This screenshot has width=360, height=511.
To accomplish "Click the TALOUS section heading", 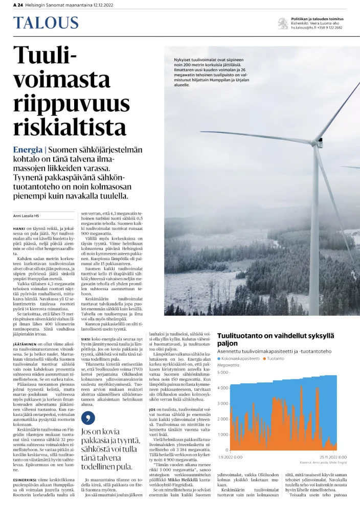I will point(46,23).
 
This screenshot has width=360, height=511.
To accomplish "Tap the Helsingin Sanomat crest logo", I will point(282,23).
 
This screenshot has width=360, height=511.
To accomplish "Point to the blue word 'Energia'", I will point(28,150).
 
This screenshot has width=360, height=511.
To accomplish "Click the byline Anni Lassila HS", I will point(26,216).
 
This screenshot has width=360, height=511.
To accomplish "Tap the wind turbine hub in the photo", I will point(321,138).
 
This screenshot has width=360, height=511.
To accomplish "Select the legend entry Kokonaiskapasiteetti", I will point(239,359).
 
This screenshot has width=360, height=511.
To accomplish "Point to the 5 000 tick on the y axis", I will point(224,372).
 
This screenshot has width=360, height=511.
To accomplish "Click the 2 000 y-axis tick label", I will point(224,419).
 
